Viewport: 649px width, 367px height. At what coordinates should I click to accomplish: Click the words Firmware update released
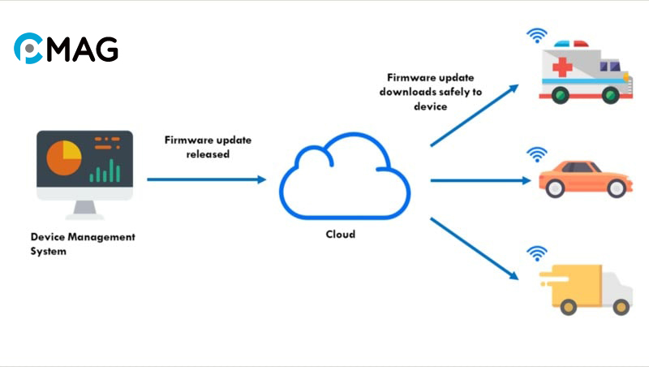coord(208,146)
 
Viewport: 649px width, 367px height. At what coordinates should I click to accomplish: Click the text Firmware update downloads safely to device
coord(431,92)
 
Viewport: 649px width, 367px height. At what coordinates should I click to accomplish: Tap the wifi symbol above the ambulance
coord(536,35)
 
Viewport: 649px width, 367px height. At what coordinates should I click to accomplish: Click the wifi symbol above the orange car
coord(536,153)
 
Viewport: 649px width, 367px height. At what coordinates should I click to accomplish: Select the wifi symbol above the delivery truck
coord(536,253)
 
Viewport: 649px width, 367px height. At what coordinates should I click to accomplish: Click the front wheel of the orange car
coord(556,188)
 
